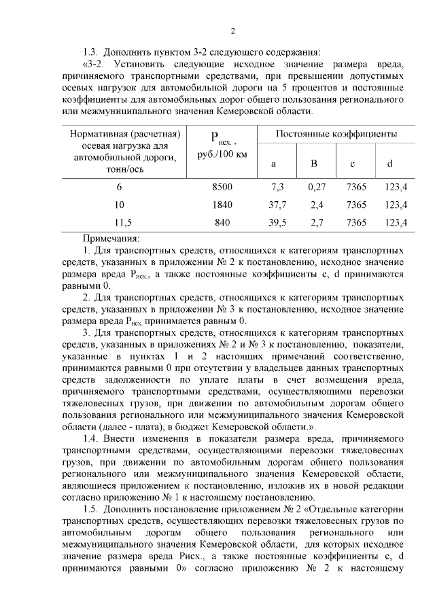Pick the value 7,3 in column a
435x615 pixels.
click(277, 186)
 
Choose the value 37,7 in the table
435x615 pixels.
click(277, 205)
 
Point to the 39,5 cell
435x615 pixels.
click(277, 222)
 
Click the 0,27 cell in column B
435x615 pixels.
click(317, 186)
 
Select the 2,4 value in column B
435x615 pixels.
click(317, 205)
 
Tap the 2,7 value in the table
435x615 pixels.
click(317, 222)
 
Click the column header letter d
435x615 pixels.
click(389, 164)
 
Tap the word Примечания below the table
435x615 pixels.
click(111, 239)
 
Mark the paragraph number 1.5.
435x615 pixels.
click(90, 509)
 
